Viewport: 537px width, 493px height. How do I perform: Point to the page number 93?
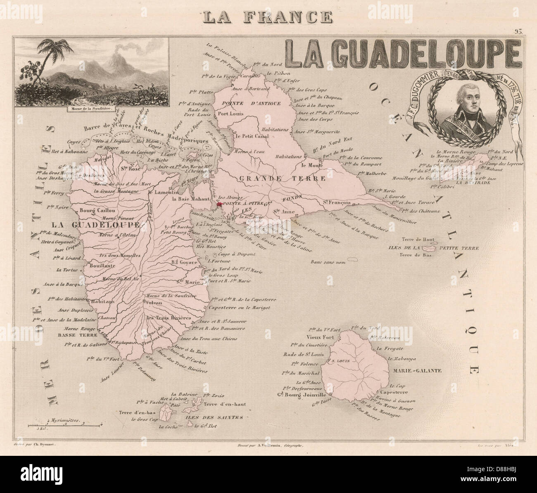pos(518,31)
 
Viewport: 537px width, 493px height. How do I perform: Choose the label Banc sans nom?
pos(326,263)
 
